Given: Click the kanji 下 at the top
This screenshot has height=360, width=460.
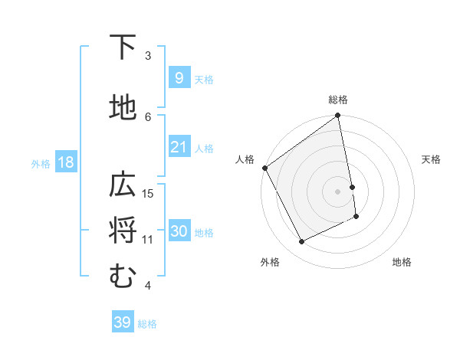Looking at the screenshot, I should pyautogui.click(x=123, y=47).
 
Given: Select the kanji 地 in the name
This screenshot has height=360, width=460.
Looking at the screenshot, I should pyautogui.click(x=123, y=108).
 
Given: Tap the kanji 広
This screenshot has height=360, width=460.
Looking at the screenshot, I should pyautogui.click(x=123, y=185).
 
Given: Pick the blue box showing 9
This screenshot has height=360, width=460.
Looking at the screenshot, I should pyautogui.click(x=179, y=78).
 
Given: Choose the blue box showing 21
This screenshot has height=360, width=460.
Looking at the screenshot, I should pyautogui.click(x=179, y=147).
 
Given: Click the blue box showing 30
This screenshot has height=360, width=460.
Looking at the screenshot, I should pyautogui.click(x=179, y=231).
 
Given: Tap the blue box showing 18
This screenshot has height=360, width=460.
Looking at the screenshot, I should pyautogui.click(x=65, y=162).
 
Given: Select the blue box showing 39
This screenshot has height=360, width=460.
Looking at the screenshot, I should pyautogui.click(x=122, y=322).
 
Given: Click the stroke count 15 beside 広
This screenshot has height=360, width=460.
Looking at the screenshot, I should pyautogui.click(x=148, y=193).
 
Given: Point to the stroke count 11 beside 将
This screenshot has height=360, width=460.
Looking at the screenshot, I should pyautogui.click(x=148, y=239).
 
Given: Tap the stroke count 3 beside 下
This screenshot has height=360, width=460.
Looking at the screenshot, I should pyautogui.click(x=148, y=55).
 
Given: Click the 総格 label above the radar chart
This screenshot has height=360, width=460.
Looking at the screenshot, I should pyautogui.click(x=338, y=100).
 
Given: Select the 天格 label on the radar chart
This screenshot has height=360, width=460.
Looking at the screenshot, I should pyautogui.click(x=431, y=159).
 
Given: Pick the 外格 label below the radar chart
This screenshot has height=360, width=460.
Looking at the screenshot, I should pyautogui.click(x=270, y=262).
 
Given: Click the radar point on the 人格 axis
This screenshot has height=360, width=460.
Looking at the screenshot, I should pyautogui.click(x=264, y=168).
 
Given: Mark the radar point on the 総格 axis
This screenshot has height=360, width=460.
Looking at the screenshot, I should pyautogui.click(x=338, y=116).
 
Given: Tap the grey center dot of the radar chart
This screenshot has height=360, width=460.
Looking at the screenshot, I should pyautogui.click(x=338, y=191).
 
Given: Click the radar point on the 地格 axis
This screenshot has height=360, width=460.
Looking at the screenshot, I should pyautogui.click(x=356, y=217).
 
